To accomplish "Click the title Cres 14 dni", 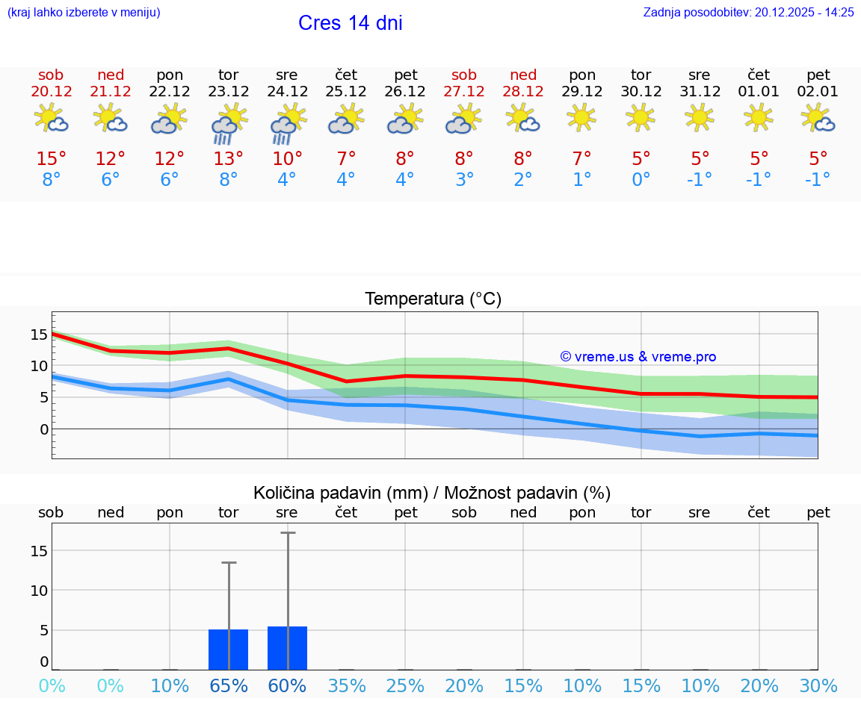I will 350,23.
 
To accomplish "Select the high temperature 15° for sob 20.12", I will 52,159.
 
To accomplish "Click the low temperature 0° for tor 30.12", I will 641,180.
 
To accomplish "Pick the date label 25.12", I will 346,92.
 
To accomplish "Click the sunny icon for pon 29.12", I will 581,118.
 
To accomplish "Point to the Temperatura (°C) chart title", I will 433,299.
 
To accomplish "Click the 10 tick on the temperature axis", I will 39,366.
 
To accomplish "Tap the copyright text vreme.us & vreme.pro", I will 638,357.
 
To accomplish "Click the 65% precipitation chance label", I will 228,685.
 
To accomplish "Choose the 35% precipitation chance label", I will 346,685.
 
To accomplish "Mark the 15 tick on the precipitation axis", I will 39,551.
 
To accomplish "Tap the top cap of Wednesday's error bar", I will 288,533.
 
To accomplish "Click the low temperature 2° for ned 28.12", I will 522,180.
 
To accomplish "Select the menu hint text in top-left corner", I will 83,13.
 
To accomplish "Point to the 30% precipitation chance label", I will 818,685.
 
